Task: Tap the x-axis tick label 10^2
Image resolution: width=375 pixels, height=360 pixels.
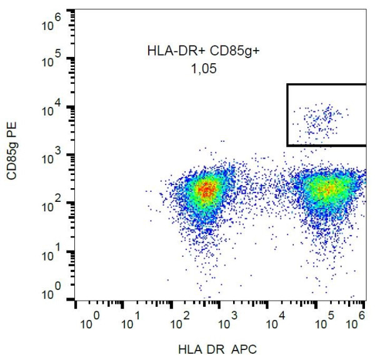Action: click(x=181, y=322)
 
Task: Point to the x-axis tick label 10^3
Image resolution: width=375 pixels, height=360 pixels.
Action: click(x=227, y=322)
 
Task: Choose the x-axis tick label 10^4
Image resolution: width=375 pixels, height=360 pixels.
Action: click(x=274, y=322)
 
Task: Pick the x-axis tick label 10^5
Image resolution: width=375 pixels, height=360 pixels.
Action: click(x=321, y=322)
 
